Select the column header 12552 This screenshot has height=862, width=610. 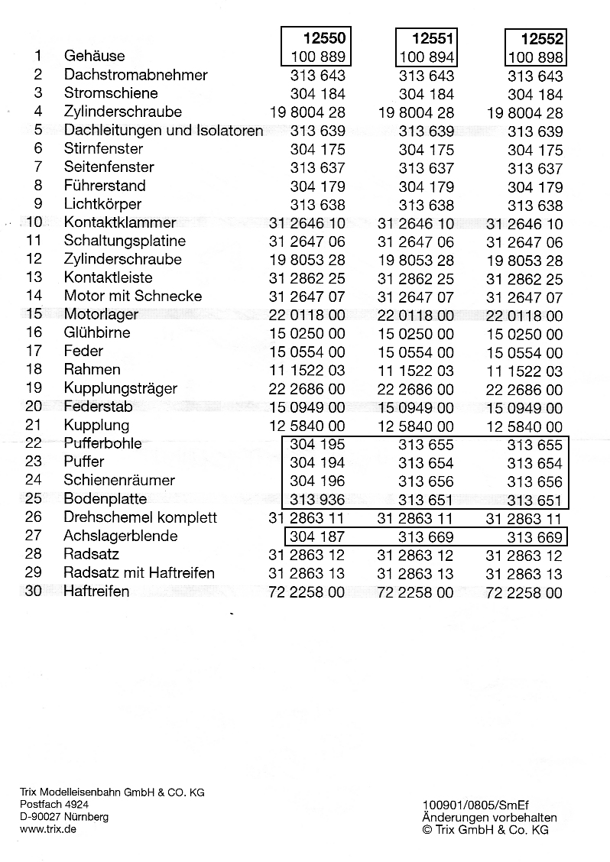(542, 38)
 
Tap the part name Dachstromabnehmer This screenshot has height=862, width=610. (135, 75)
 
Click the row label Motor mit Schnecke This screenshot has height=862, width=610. (133, 296)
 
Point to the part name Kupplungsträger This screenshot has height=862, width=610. (120, 388)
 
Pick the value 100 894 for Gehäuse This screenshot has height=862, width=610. (427, 57)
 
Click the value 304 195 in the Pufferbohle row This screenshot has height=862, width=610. (317, 444)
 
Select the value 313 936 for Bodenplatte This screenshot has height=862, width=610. (317, 500)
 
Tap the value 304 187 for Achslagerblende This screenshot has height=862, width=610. (317, 536)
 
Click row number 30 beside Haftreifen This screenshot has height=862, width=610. (34, 591)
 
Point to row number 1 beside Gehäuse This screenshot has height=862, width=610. (38, 56)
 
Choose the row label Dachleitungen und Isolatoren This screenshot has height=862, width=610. (164, 130)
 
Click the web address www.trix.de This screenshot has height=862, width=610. (47, 829)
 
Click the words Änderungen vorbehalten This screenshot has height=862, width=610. (489, 817)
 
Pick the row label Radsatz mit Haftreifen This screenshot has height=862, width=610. (139, 573)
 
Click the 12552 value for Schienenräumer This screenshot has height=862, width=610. (534, 481)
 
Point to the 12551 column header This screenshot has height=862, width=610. (433, 38)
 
